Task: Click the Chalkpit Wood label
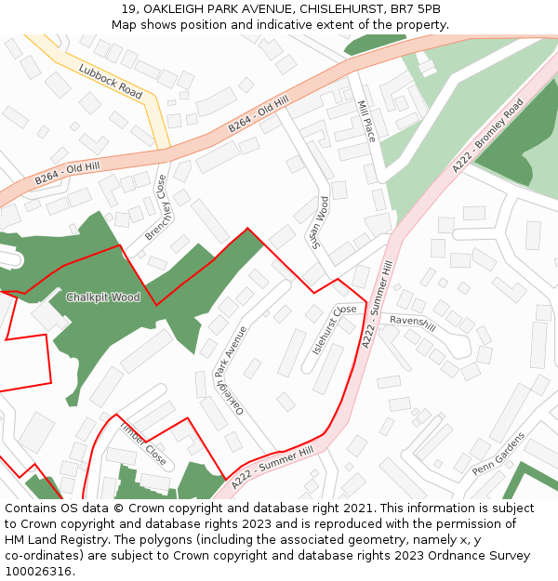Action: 102,297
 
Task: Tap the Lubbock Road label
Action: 111,82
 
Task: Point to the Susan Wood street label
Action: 322,223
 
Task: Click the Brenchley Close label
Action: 155,207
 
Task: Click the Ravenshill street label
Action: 413,323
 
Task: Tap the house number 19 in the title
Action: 127,9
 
